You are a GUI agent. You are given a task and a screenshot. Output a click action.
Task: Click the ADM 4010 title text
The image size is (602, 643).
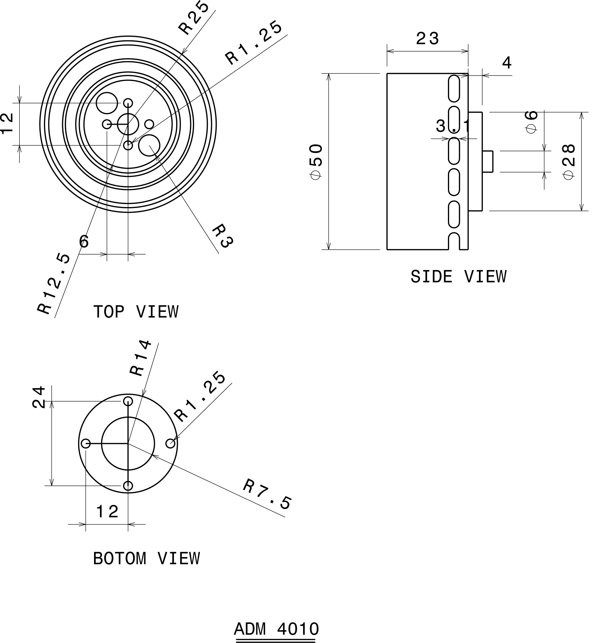click(276, 629)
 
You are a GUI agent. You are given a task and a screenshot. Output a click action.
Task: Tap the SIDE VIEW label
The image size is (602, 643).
click(458, 277)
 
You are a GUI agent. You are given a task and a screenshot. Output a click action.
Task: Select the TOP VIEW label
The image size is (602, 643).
click(136, 312)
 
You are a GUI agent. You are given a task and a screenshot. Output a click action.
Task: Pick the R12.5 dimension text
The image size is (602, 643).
click(54, 284)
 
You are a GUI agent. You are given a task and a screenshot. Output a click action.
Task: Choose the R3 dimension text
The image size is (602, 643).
click(223, 236)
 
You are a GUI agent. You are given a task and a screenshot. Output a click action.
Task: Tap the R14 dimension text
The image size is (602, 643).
click(140, 357)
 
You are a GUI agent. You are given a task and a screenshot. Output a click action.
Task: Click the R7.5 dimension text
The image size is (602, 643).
click(267, 494)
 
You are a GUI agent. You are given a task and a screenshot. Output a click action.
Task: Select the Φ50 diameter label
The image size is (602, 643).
click(316, 162)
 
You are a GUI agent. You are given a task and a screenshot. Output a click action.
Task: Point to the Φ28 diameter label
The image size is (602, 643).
click(569, 162)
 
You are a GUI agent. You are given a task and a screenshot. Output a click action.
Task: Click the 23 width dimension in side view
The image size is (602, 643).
click(427, 39)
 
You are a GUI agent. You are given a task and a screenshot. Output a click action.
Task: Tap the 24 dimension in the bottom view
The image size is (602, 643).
click(39, 397)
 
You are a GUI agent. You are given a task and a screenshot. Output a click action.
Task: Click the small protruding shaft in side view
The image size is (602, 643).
click(488, 161)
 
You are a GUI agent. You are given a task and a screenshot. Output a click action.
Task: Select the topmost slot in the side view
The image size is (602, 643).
click(454, 88)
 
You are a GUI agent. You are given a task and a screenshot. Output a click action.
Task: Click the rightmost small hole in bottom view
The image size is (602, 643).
click(170, 443)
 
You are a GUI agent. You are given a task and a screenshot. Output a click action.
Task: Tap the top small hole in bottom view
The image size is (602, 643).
click(128, 401)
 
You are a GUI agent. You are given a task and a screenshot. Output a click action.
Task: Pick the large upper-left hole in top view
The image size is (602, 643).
click(107, 103)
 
